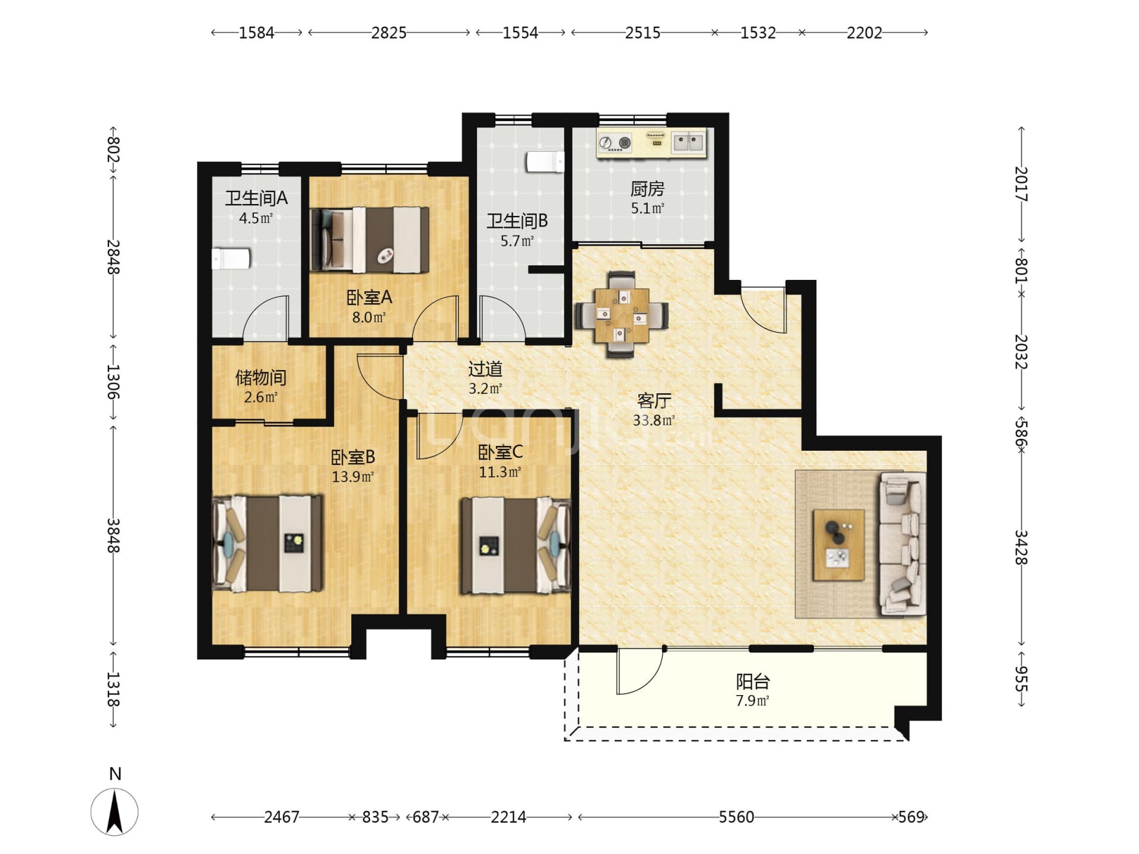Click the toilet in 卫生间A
pyautogui.click(x=231, y=259)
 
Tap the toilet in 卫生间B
pyautogui.click(x=545, y=162)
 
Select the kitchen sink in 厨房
pyautogui.click(x=689, y=142)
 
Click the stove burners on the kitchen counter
pyautogui.click(x=615, y=143)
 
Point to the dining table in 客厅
pyautogui.click(x=621, y=314)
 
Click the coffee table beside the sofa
pyautogui.click(x=838, y=544)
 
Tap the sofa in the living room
pyautogui.click(x=902, y=543)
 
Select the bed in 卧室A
pyautogui.click(x=370, y=240)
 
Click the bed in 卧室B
pyautogui.click(x=268, y=543)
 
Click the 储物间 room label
pyautogui.click(x=261, y=377)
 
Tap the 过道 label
pyautogui.click(x=485, y=369)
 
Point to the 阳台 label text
pyautogui.click(x=753, y=681)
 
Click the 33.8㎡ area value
pyautogui.click(x=654, y=420)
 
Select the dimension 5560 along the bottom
pyautogui.click(x=736, y=817)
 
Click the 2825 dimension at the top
pyautogui.click(x=389, y=33)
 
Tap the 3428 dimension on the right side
pyautogui.click(x=1021, y=547)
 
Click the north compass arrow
pyautogui.click(x=114, y=812)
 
